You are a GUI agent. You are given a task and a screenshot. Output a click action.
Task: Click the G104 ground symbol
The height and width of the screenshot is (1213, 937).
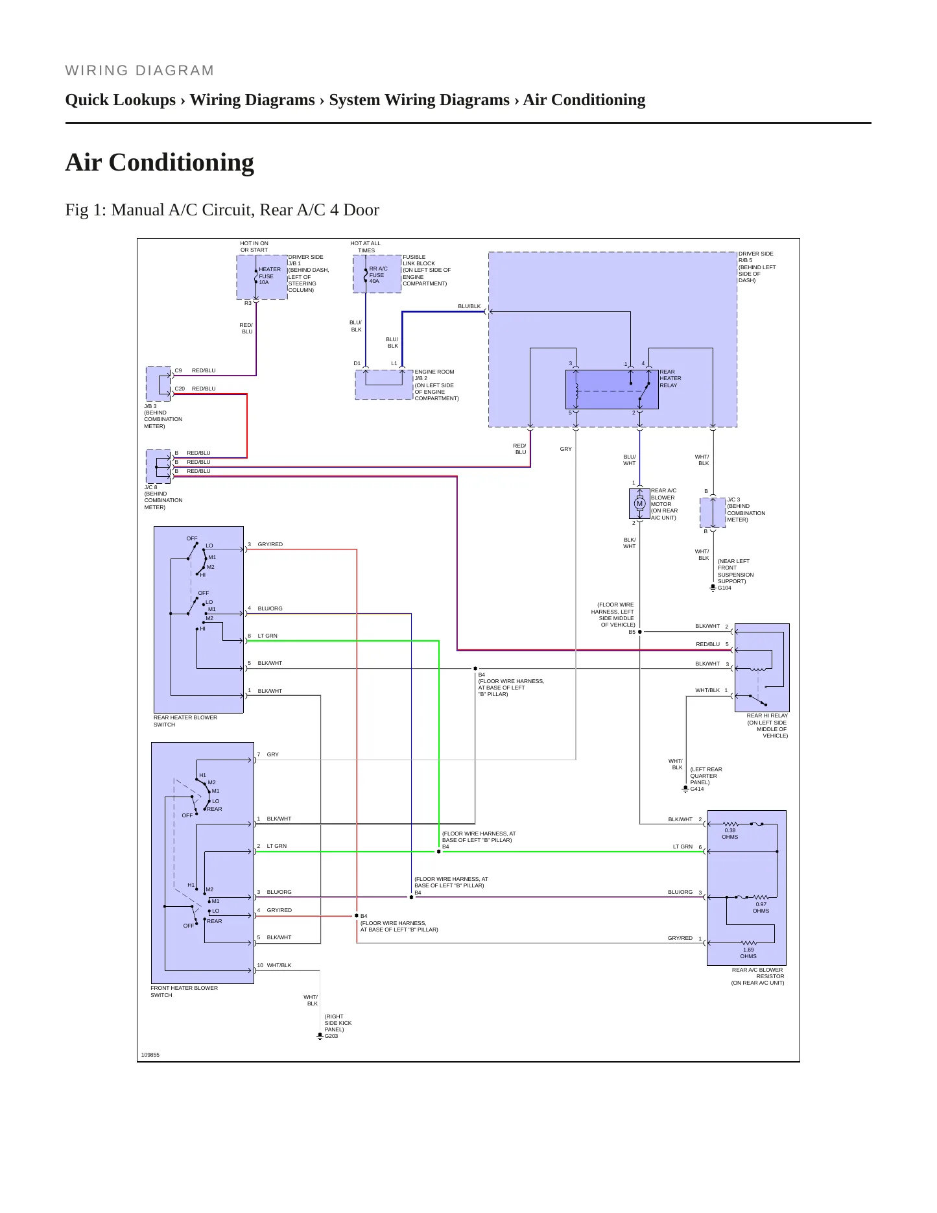pyautogui.click(x=713, y=588)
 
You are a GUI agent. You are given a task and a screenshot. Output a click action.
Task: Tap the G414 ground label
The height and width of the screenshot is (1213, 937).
pyautogui.click(x=697, y=789)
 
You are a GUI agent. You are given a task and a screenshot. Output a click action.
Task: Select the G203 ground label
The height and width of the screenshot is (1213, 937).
pyautogui.click(x=331, y=1036)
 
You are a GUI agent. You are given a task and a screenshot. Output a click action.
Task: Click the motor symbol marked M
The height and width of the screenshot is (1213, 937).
pyautogui.click(x=639, y=503)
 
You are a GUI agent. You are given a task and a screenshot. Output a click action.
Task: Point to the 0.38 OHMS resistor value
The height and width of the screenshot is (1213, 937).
pyautogui.click(x=730, y=834)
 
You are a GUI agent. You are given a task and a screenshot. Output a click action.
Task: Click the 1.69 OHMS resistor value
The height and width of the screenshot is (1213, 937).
pyautogui.click(x=748, y=953)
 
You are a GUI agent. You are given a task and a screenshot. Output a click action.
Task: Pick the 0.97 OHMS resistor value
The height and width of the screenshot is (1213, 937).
pyautogui.click(x=761, y=907)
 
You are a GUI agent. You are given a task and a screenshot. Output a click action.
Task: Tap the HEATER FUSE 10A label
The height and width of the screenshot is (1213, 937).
pyautogui.click(x=270, y=276)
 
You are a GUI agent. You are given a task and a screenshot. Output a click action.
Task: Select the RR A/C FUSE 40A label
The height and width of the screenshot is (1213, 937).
pyautogui.click(x=378, y=275)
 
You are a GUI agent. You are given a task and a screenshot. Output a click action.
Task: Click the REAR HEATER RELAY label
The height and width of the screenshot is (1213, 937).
pyautogui.click(x=670, y=379)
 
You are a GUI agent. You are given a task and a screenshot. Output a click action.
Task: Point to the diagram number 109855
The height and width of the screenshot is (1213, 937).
pyautogui.click(x=150, y=1055)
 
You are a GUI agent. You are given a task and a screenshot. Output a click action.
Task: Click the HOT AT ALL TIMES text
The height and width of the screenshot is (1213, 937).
pyautogui.click(x=366, y=246)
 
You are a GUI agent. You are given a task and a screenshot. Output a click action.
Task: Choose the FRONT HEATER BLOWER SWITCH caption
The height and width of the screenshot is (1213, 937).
pyautogui.click(x=184, y=991)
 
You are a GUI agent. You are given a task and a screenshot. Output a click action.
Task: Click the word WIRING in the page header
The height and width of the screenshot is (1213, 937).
pyautogui.click(x=94, y=71)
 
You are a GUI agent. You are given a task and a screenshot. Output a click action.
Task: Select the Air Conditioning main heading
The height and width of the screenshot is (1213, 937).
pyautogui.click(x=160, y=162)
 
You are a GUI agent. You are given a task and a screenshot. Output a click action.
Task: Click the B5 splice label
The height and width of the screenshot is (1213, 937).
pyautogui.click(x=632, y=632)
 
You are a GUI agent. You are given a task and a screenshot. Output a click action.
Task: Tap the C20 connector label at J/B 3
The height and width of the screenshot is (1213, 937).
pyautogui.click(x=180, y=389)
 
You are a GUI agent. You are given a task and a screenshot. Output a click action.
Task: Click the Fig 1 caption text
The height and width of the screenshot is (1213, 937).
pyautogui.click(x=222, y=210)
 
